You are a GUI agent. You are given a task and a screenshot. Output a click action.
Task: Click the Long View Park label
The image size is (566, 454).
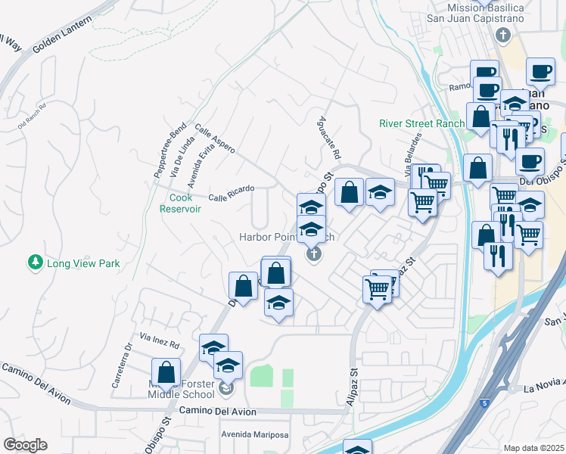(x=83, y=264)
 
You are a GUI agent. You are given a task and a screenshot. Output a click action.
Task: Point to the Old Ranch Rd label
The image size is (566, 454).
(x=33, y=113)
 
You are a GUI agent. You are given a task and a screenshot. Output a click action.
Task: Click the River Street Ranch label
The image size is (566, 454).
(x=422, y=124)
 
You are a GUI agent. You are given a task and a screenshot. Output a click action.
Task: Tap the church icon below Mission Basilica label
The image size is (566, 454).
(x=503, y=35)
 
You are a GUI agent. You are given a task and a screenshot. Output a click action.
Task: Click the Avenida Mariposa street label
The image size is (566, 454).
(x=255, y=435)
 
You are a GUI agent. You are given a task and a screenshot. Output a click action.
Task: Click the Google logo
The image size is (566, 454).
(x=25, y=445)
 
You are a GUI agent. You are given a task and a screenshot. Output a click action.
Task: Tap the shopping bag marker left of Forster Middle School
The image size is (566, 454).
(x=166, y=374)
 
